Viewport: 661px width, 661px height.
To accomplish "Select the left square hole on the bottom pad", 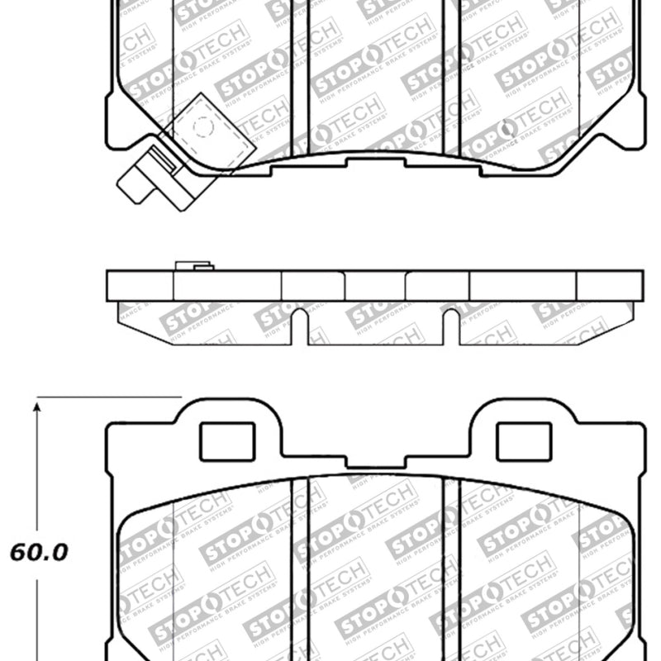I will click(228, 440).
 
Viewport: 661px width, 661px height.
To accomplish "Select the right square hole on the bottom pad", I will click(522, 440).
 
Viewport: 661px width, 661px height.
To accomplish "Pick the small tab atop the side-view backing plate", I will click(194, 267).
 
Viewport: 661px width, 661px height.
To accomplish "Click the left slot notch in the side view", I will click(300, 326).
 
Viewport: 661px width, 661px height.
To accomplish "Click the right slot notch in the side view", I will click(451, 326).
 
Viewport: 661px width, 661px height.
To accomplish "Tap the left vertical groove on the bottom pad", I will click(300, 570).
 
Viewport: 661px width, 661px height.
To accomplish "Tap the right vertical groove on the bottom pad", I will click(451, 570).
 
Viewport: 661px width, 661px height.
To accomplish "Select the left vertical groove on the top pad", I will click(301, 74).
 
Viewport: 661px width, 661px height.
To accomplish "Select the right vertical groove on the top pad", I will click(451, 74).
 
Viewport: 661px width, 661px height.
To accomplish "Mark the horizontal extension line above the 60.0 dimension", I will click(107, 397).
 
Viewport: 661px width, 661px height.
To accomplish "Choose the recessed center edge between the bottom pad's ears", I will click(376, 455).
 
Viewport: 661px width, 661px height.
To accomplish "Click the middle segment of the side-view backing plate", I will click(375, 285).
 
